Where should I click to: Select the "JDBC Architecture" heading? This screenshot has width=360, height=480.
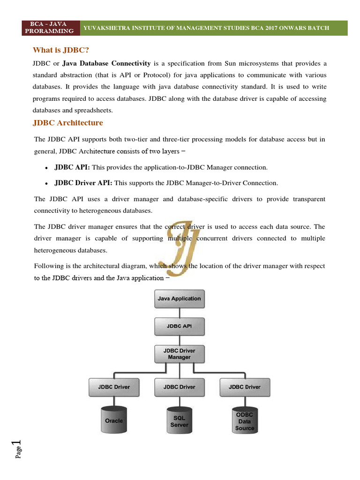pos(67,123)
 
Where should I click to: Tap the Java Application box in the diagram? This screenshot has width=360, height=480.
pos(179,299)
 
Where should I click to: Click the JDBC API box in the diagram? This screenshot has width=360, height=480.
pos(179,326)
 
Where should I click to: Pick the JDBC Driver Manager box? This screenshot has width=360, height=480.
pos(179,354)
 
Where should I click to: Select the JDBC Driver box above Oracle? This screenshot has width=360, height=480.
pos(114,387)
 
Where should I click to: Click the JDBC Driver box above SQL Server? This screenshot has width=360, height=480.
pos(179,387)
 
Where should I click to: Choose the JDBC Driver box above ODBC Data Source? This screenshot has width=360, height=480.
pos(244,387)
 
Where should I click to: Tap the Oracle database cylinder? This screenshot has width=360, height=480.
pos(114,420)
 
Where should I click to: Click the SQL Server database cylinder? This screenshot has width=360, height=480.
pos(179,421)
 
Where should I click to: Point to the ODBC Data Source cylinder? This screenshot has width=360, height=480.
pos(244,420)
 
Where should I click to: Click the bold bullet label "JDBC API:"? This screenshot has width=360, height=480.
pos(72,167)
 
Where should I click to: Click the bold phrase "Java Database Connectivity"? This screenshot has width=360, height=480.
pos(106,63)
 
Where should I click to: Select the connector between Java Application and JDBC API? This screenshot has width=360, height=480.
pos(179,313)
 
